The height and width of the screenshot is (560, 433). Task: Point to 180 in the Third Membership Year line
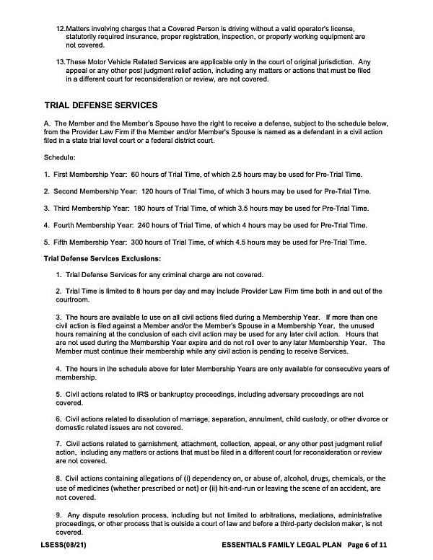(x=144, y=208)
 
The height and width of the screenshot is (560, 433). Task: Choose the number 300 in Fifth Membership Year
(x=141, y=241)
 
